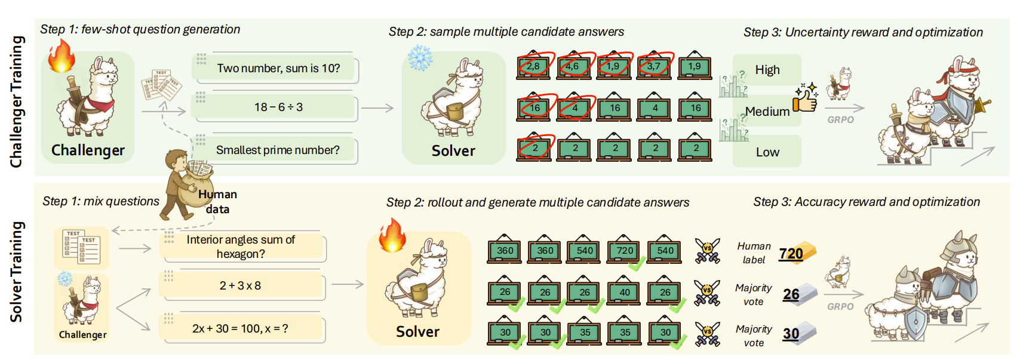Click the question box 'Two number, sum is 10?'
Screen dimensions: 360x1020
[278, 69]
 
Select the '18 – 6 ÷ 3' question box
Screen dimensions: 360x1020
[278, 107]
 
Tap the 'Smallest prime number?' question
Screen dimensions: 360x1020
[278, 150]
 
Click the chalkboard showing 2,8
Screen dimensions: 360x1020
[533, 66]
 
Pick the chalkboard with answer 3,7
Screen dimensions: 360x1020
[654, 66]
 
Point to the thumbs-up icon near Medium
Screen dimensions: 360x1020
[805, 99]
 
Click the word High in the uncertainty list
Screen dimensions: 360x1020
[767, 70]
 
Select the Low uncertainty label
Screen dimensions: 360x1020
[767, 152]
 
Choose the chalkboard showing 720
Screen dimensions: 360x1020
[625, 251]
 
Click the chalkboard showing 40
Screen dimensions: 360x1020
[625, 293]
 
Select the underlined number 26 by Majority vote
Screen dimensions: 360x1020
[791, 294]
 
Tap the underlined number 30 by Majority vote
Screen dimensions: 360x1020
[791, 334]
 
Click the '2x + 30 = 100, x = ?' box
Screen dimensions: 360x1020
[241, 329]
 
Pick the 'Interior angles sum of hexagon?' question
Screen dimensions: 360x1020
[241, 247]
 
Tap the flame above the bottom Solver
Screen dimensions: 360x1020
[392, 235]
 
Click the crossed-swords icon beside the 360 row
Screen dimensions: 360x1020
[707, 251]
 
